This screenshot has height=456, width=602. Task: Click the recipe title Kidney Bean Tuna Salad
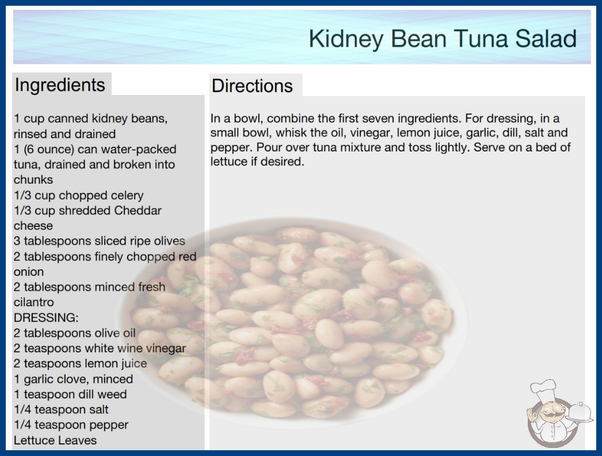click(x=443, y=39)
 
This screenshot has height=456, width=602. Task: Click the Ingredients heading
click(x=60, y=85)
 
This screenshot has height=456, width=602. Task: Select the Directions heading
click(x=252, y=86)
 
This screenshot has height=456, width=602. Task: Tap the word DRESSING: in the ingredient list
click(x=46, y=318)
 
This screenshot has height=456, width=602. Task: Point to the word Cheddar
click(x=138, y=211)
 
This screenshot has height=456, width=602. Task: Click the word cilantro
click(x=34, y=302)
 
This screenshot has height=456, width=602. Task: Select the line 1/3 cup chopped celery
click(x=79, y=196)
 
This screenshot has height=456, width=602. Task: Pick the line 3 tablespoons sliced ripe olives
click(x=100, y=241)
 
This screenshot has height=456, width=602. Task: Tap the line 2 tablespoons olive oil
click(x=75, y=333)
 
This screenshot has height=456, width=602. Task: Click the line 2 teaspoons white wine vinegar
click(x=100, y=348)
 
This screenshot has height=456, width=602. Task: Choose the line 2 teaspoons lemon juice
click(x=80, y=363)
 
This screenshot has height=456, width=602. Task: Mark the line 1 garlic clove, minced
click(x=73, y=379)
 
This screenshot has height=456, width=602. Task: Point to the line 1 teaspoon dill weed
click(x=70, y=394)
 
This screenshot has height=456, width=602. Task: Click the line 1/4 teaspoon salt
click(x=61, y=409)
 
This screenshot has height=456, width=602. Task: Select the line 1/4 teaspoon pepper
click(x=71, y=425)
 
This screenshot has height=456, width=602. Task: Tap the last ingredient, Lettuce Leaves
click(x=55, y=440)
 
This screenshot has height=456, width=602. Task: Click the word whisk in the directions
click(x=291, y=133)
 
